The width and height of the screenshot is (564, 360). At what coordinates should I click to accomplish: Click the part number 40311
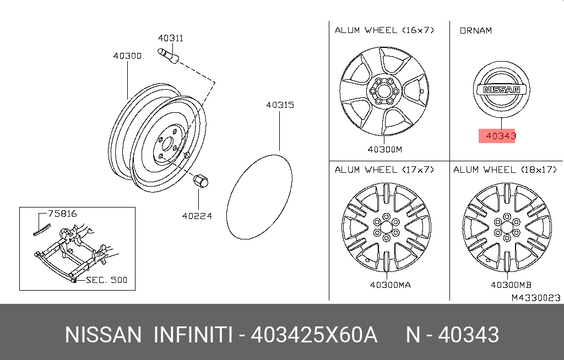(171, 38)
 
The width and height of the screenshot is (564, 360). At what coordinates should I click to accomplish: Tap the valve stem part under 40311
(168, 56)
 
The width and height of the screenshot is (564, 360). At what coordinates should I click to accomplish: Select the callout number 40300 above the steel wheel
(127, 56)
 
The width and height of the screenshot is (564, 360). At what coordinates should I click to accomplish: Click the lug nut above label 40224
(200, 180)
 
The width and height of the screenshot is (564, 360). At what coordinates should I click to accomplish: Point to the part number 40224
(197, 216)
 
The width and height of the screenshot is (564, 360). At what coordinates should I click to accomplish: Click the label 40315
(280, 105)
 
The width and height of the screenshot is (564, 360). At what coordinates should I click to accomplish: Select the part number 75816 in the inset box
(63, 214)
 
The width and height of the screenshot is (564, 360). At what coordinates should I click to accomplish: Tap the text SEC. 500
(107, 280)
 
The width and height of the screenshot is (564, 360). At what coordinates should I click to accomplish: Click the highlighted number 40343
(501, 136)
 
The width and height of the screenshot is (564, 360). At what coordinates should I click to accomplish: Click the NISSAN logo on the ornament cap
(501, 90)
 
